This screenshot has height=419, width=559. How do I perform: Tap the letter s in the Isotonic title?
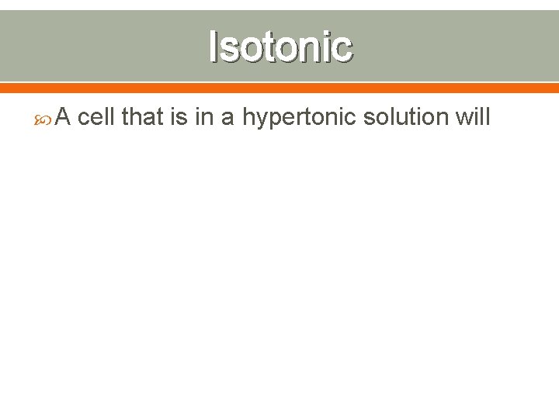228,48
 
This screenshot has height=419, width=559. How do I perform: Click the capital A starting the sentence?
65,117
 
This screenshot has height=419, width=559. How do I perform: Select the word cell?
97,117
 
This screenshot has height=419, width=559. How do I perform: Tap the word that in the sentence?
142,117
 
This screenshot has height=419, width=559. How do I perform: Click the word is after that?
179,117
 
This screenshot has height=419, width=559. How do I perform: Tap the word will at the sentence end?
475,117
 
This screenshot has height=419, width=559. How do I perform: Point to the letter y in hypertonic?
262,121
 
